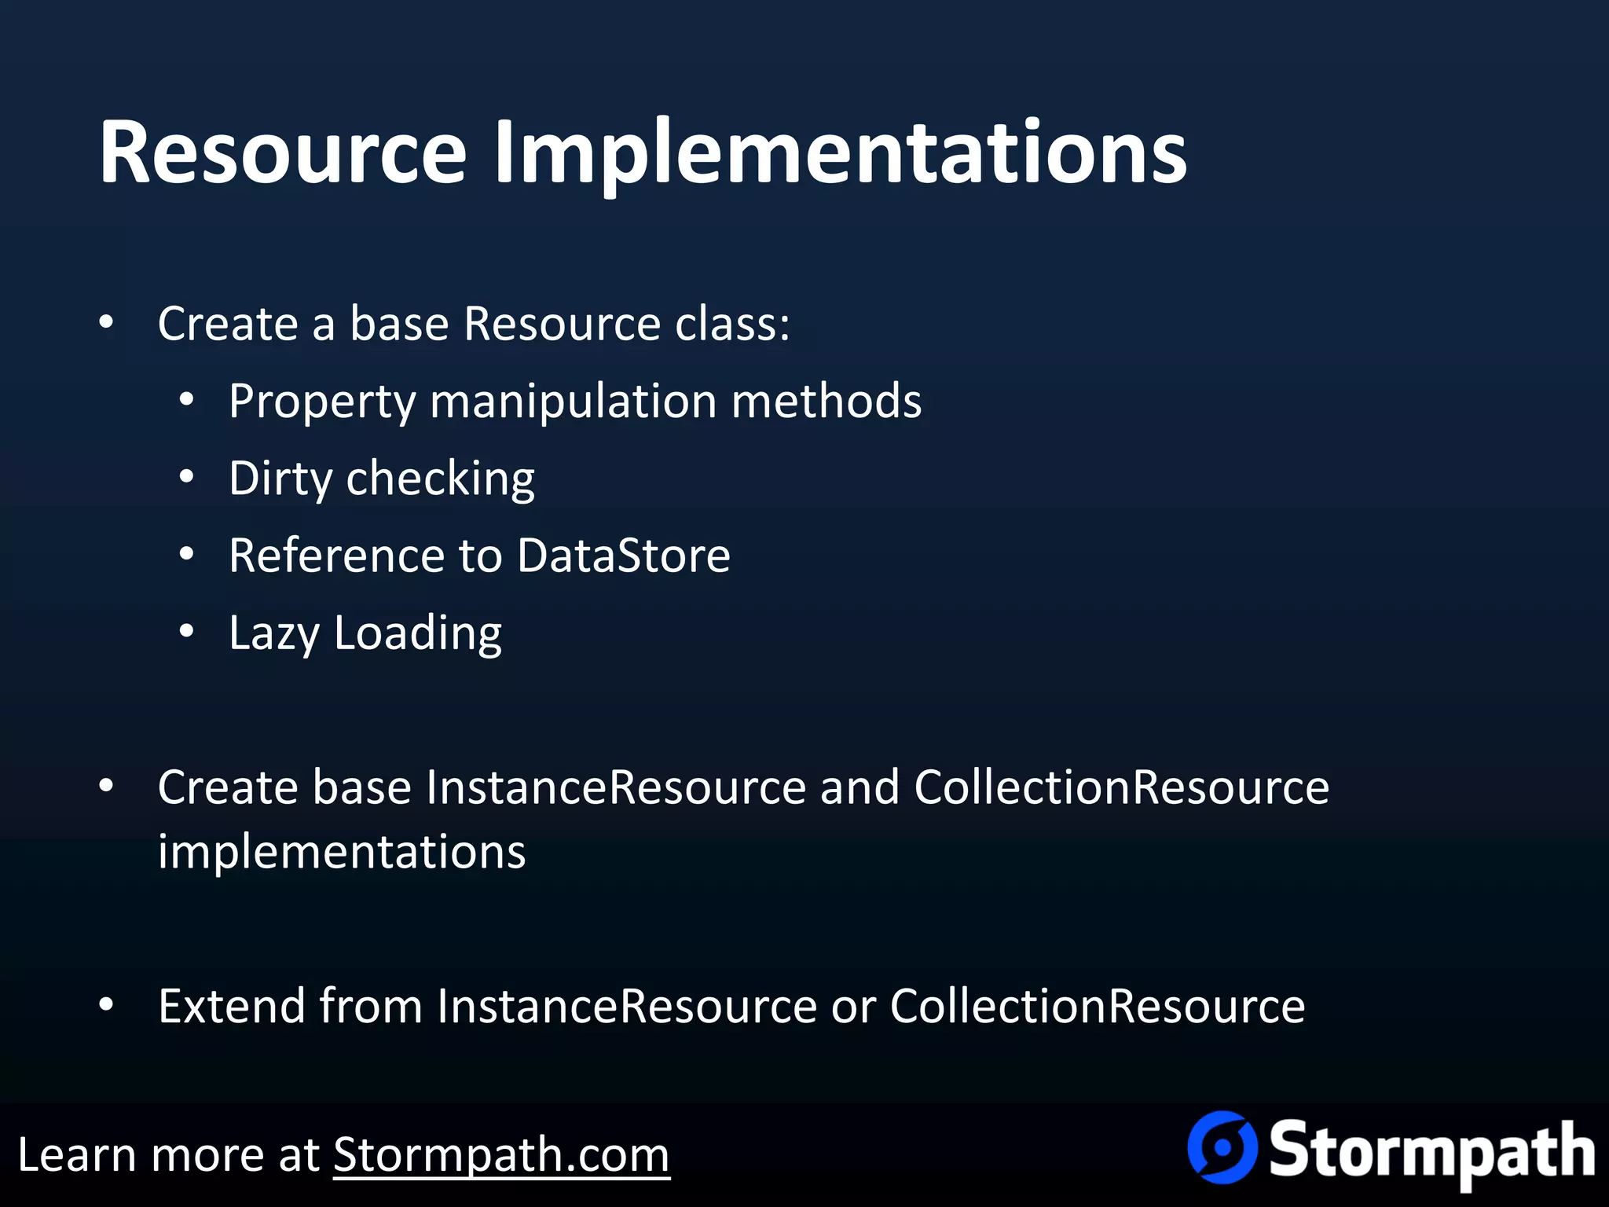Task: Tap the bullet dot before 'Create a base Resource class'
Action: (107, 323)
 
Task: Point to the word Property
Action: (321, 402)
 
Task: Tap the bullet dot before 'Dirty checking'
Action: (186, 478)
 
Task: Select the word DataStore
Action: (624, 556)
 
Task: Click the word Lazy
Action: (274, 633)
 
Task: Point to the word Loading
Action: (417, 633)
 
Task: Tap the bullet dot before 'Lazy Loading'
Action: (186, 632)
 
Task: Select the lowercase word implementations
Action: (342, 852)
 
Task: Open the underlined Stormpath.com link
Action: (501, 1155)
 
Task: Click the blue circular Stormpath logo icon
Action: (1222, 1147)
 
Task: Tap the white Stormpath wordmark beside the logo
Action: (1431, 1152)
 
